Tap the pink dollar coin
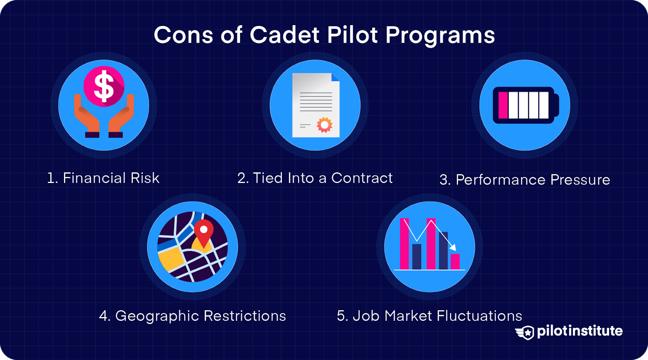coord(104,86)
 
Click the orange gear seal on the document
coord(324,125)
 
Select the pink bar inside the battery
coord(503,105)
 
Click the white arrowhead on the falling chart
coord(453,247)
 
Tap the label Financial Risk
coord(103,178)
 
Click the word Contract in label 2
coord(362,178)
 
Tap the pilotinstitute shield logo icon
coord(525,332)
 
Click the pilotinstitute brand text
coord(580,331)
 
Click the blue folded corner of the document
coord(335,77)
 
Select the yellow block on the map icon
coord(171,260)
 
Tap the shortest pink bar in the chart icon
coord(455,261)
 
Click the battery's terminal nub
coord(556,105)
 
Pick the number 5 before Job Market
coord(341,316)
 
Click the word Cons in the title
coord(183,35)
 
